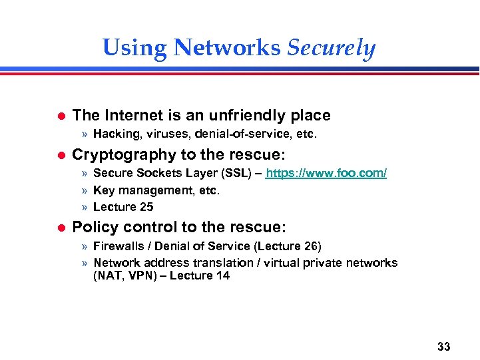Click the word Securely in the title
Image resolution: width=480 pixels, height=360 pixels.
(x=332, y=48)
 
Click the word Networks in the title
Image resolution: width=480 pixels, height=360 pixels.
(x=226, y=48)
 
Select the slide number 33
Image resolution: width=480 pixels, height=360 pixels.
(x=444, y=347)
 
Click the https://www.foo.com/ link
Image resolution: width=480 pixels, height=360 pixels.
(x=326, y=174)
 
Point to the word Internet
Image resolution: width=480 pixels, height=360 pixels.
(x=131, y=115)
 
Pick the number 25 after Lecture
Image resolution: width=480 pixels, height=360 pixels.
(x=146, y=207)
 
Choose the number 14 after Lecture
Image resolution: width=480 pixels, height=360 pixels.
(x=222, y=275)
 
